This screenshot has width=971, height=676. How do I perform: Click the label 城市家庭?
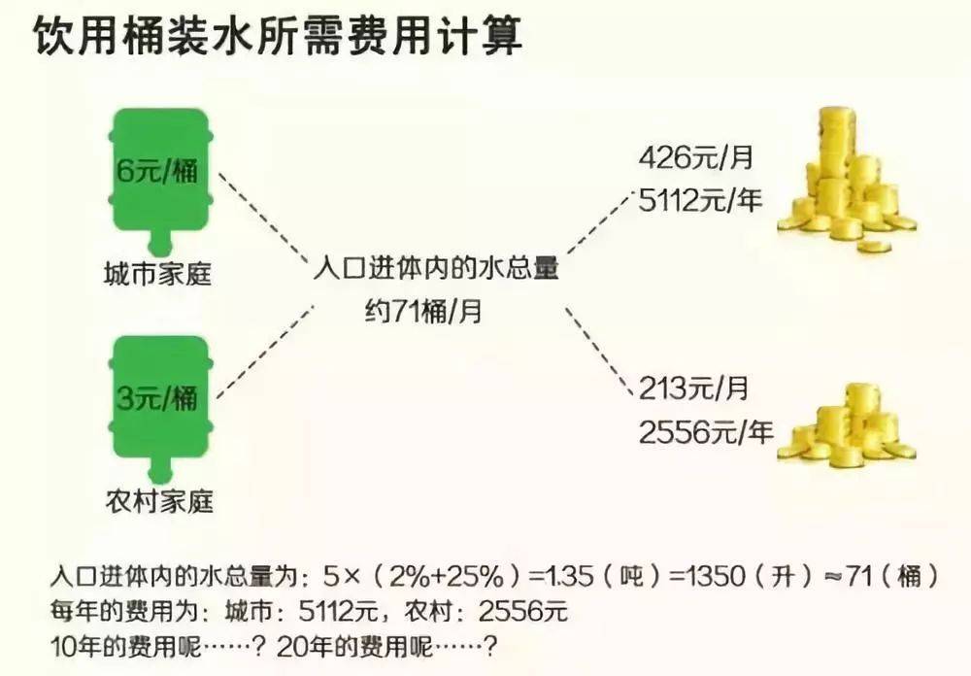pos(157,276)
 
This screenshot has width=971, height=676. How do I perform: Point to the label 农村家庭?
pos(157,501)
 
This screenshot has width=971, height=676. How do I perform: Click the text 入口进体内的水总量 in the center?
pos(436,268)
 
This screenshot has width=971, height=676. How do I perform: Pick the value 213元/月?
pos(695,389)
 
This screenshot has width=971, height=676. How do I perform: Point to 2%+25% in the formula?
pos(448,577)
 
